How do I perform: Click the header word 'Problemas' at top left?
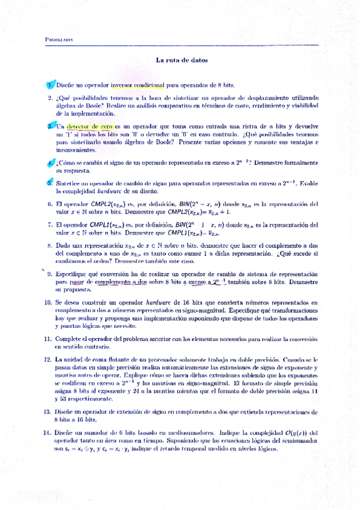(59, 40)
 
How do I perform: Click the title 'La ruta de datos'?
(182, 60)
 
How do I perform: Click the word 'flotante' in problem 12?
(108, 360)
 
